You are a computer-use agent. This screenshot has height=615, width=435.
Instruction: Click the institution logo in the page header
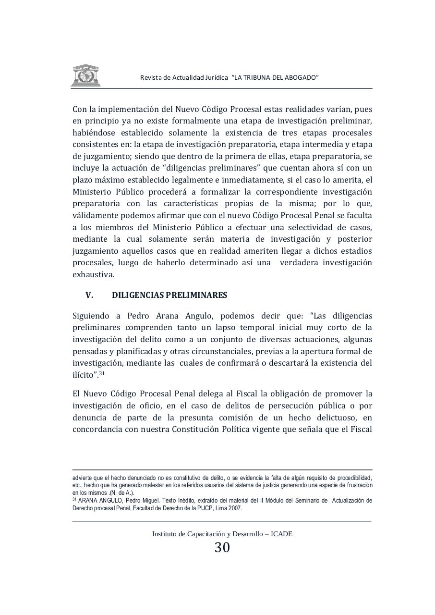coord(86,76)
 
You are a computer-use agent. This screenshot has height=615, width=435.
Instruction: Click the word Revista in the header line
coord(150,78)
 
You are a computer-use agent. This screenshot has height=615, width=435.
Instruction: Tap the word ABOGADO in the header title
coord(301,78)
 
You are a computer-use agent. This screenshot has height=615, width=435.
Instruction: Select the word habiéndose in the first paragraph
coord(94,133)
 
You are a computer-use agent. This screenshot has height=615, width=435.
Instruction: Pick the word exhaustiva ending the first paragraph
coord(93,275)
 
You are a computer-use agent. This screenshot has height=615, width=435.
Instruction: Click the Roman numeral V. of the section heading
coord(89,295)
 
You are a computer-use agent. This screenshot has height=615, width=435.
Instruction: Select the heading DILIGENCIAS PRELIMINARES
coord(169,295)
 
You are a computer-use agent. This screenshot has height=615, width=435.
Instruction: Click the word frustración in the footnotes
coord(358,485)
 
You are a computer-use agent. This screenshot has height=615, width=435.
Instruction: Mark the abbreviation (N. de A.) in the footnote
coord(123,493)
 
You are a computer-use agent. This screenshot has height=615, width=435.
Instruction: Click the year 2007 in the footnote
coord(234,508)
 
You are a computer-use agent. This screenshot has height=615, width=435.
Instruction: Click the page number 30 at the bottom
coord(222,548)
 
